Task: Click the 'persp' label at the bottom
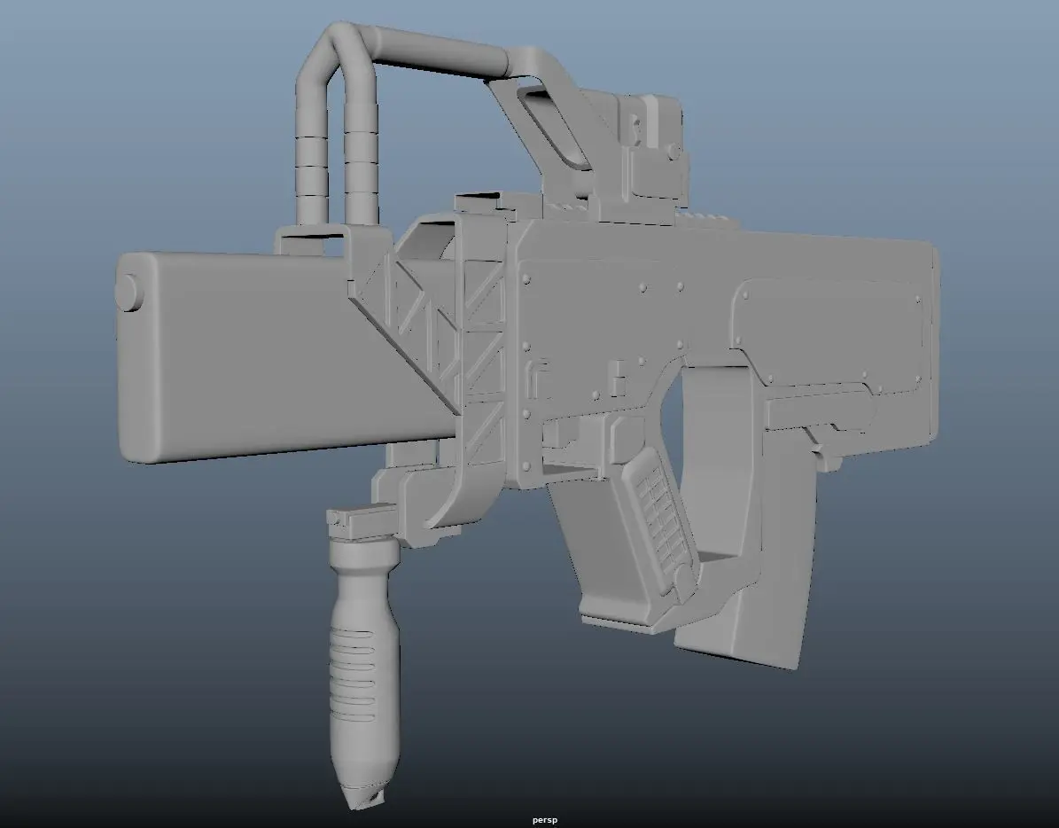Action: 544,820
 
